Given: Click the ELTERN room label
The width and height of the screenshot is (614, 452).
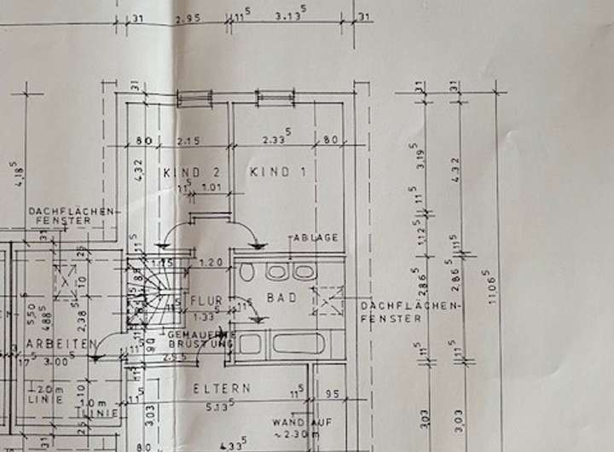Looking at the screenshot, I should [x=222, y=387].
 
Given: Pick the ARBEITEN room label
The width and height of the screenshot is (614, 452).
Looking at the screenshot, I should [x=58, y=343].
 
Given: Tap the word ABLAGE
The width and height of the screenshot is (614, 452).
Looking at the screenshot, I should [x=316, y=238].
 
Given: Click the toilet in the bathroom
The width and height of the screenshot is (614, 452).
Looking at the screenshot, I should [x=246, y=273].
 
